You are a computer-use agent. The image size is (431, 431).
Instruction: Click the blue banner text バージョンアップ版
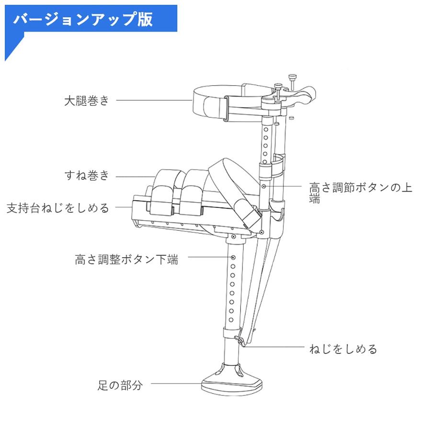pyautogui.click(x=83, y=20)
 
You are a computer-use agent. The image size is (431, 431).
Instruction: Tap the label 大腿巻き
pyautogui.click(x=87, y=101)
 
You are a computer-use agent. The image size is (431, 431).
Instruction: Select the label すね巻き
pyautogui.click(x=87, y=176)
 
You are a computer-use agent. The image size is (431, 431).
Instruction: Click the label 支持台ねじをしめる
pyautogui.click(x=57, y=208)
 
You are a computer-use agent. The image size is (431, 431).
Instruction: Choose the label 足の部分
pyautogui.click(x=118, y=385)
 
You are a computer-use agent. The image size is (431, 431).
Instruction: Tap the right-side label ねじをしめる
pyautogui.click(x=343, y=349)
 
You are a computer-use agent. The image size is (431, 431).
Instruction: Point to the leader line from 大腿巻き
pyautogui.click(x=153, y=101)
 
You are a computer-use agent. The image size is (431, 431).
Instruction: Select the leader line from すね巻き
pyautogui.click(x=135, y=176)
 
